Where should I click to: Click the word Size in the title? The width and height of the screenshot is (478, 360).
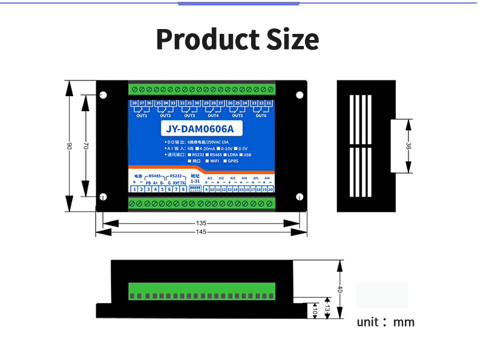pyautogui.click(x=293, y=39)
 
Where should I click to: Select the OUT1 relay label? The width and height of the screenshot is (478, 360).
pyautogui.click(x=142, y=116)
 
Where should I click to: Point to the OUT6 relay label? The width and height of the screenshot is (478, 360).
pyautogui.click(x=261, y=116)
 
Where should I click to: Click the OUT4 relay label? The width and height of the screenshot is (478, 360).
pyautogui.click(x=213, y=116)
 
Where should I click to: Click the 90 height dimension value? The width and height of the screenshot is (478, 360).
pyautogui.click(x=70, y=146)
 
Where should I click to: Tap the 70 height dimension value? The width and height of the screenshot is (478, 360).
pyautogui.click(x=87, y=146)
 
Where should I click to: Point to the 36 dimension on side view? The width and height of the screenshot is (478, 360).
pyautogui.click(x=408, y=146)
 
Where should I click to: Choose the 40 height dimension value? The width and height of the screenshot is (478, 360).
pyautogui.click(x=340, y=289)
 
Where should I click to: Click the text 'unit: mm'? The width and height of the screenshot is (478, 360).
pyautogui.click(x=385, y=322)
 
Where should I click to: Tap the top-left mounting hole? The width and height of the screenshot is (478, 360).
pyautogui.click(x=103, y=95)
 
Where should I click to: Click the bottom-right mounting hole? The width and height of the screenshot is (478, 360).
pyautogui.click(x=299, y=197)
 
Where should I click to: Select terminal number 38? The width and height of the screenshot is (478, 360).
pyautogui.click(x=134, y=103)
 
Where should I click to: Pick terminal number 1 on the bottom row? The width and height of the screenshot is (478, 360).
pyautogui.click(x=134, y=189)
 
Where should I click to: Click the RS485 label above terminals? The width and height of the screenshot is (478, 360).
pyautogui.click(x=154, y=176)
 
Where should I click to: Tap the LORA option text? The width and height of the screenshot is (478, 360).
pyautogui.click(x=233, y=154)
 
